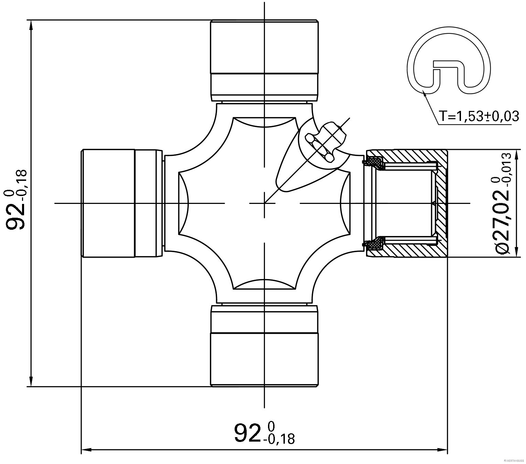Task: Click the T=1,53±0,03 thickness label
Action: point(479,116)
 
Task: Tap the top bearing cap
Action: point(264,60)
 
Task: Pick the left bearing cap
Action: point(121,203)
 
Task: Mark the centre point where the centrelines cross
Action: point(264,203)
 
